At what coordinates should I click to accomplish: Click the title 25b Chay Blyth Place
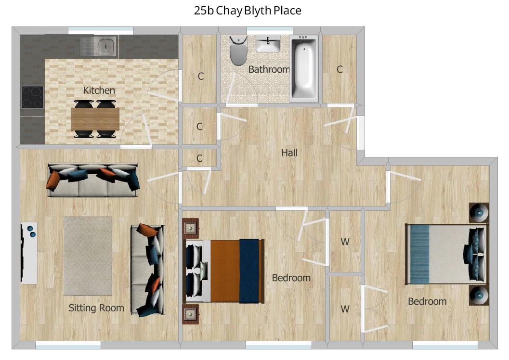pyautogui.click(x=248, y=11)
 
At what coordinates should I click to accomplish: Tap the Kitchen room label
pyautogui.click(x=99, y=90)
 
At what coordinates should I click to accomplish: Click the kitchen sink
pyautogui.click(x=99, y=47)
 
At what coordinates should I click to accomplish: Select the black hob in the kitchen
pyautogui.click(x=32, y=97)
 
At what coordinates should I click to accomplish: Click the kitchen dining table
pyautogui.click(x=95, y=119)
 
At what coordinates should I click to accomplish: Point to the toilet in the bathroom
pyautogui.click(x=238, y=51)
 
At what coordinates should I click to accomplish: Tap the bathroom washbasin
pyautogui.click(x=268, y=45)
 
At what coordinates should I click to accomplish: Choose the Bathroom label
pyautogui.click(x=269, y=69)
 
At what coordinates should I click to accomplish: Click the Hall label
pyautogui.click(x=289, y=153)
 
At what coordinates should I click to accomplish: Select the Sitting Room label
pyautogui.click(x=96, y=308)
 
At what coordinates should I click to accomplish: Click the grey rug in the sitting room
pyautogui.click(x=88, y=256)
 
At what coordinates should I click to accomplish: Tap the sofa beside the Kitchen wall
pyautogui.click(x=93, y=180)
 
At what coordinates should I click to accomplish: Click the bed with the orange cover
pyautogui.click(x=224, y=271)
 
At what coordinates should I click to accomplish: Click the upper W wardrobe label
pyautogui.click(x=345, y=242)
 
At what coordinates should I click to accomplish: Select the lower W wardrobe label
pyautogui.click(x=345, y=309)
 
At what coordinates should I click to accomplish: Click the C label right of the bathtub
pyautogui.click(x=339, y=69)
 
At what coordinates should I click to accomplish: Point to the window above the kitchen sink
pyautogui.click(x=101, y=30)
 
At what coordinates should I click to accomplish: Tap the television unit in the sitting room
pyautogui.click(x=28, y=253)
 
